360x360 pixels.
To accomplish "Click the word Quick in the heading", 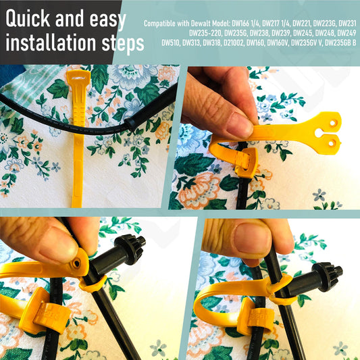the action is click(28, 18).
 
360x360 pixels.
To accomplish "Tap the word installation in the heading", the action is click(51, 43).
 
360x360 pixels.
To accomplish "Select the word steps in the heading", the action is click(123, 44).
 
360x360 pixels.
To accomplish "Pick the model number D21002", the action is click(234, 43).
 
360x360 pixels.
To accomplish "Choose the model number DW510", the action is click(171, 43).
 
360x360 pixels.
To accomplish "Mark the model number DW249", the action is click(346, 33).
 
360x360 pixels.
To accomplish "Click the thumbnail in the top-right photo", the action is click(239, 124).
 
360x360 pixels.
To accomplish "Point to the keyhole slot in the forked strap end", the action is click(319, 132).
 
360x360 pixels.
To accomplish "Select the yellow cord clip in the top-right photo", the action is click(246, 162).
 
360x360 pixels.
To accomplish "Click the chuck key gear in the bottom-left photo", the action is click(130, 249).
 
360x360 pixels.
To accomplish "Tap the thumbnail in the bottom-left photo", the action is click(58, 246).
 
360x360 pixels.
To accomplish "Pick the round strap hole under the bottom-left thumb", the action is click(76, 263).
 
